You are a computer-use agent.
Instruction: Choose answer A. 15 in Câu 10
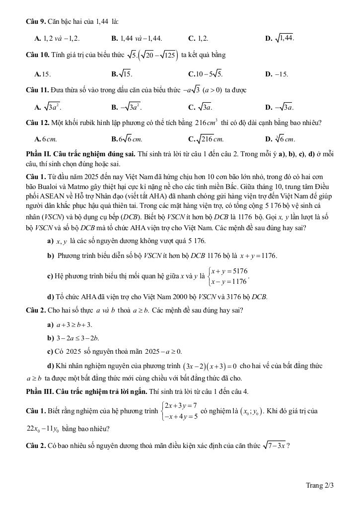tap(43, 74)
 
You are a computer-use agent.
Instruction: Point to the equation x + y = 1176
tap(258, 256)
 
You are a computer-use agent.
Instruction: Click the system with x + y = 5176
tap(228, 276)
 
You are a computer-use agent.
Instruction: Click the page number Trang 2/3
tap(319, 485)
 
